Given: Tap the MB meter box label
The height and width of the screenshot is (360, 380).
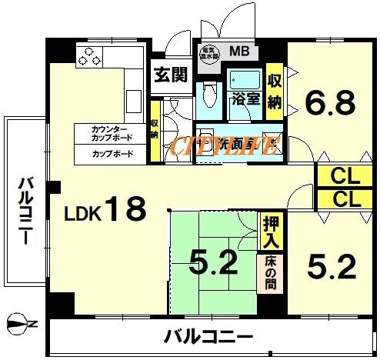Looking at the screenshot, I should click(238, 52).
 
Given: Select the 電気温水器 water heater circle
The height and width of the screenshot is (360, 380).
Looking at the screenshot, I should click(210, 54).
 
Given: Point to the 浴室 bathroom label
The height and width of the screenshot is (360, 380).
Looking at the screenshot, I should click(245, 98).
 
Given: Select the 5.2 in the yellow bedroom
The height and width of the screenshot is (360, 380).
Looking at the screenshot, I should click(332, 267).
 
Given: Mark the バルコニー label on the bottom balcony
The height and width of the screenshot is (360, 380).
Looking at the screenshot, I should click(208, 336).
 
